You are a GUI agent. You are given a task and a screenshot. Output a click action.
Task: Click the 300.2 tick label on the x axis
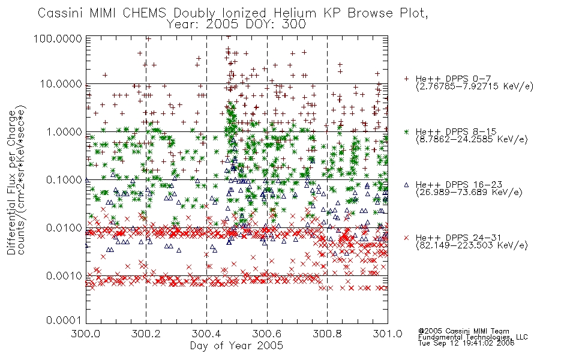(x=146, y=334)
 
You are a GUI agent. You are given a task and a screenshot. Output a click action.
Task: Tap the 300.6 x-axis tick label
(x=267, y=334)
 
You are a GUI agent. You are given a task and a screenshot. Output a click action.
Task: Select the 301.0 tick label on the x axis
(x=388, y=334)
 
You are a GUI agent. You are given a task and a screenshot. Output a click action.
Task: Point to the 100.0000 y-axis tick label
(x=58, y=38)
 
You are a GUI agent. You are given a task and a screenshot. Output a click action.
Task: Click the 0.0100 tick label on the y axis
(x=64, y=228)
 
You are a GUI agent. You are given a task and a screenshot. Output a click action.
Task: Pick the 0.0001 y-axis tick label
(x=64, y=320)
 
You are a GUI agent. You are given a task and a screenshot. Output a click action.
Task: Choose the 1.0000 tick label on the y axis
(x=64, y=131)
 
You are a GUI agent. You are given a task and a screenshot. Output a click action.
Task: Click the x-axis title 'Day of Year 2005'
(x=236, y=346)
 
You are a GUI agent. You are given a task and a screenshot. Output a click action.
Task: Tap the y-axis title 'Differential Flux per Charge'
(x=11, y=182)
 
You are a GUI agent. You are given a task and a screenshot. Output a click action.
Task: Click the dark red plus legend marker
(x=406, y=79)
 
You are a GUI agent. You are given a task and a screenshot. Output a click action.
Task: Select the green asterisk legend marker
(x=406, y=131)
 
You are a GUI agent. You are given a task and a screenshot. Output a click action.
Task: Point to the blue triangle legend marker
(x=406, y=185)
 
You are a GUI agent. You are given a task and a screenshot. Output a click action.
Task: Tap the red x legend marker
(x=406, y=238)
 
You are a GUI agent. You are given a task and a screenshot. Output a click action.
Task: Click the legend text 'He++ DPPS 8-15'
(x=456, y=131)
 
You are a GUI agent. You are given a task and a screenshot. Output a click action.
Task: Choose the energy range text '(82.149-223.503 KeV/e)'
(x=472, y=245)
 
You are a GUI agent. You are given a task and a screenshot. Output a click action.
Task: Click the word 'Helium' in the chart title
(x=295, y=13)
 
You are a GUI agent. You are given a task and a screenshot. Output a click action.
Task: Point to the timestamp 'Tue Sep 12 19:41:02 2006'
(x=466, y=343)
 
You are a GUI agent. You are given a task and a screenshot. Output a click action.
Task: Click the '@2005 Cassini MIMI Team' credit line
(x=463, y=331)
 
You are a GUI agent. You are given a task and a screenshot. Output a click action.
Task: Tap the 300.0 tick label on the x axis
(x=85, y=334)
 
